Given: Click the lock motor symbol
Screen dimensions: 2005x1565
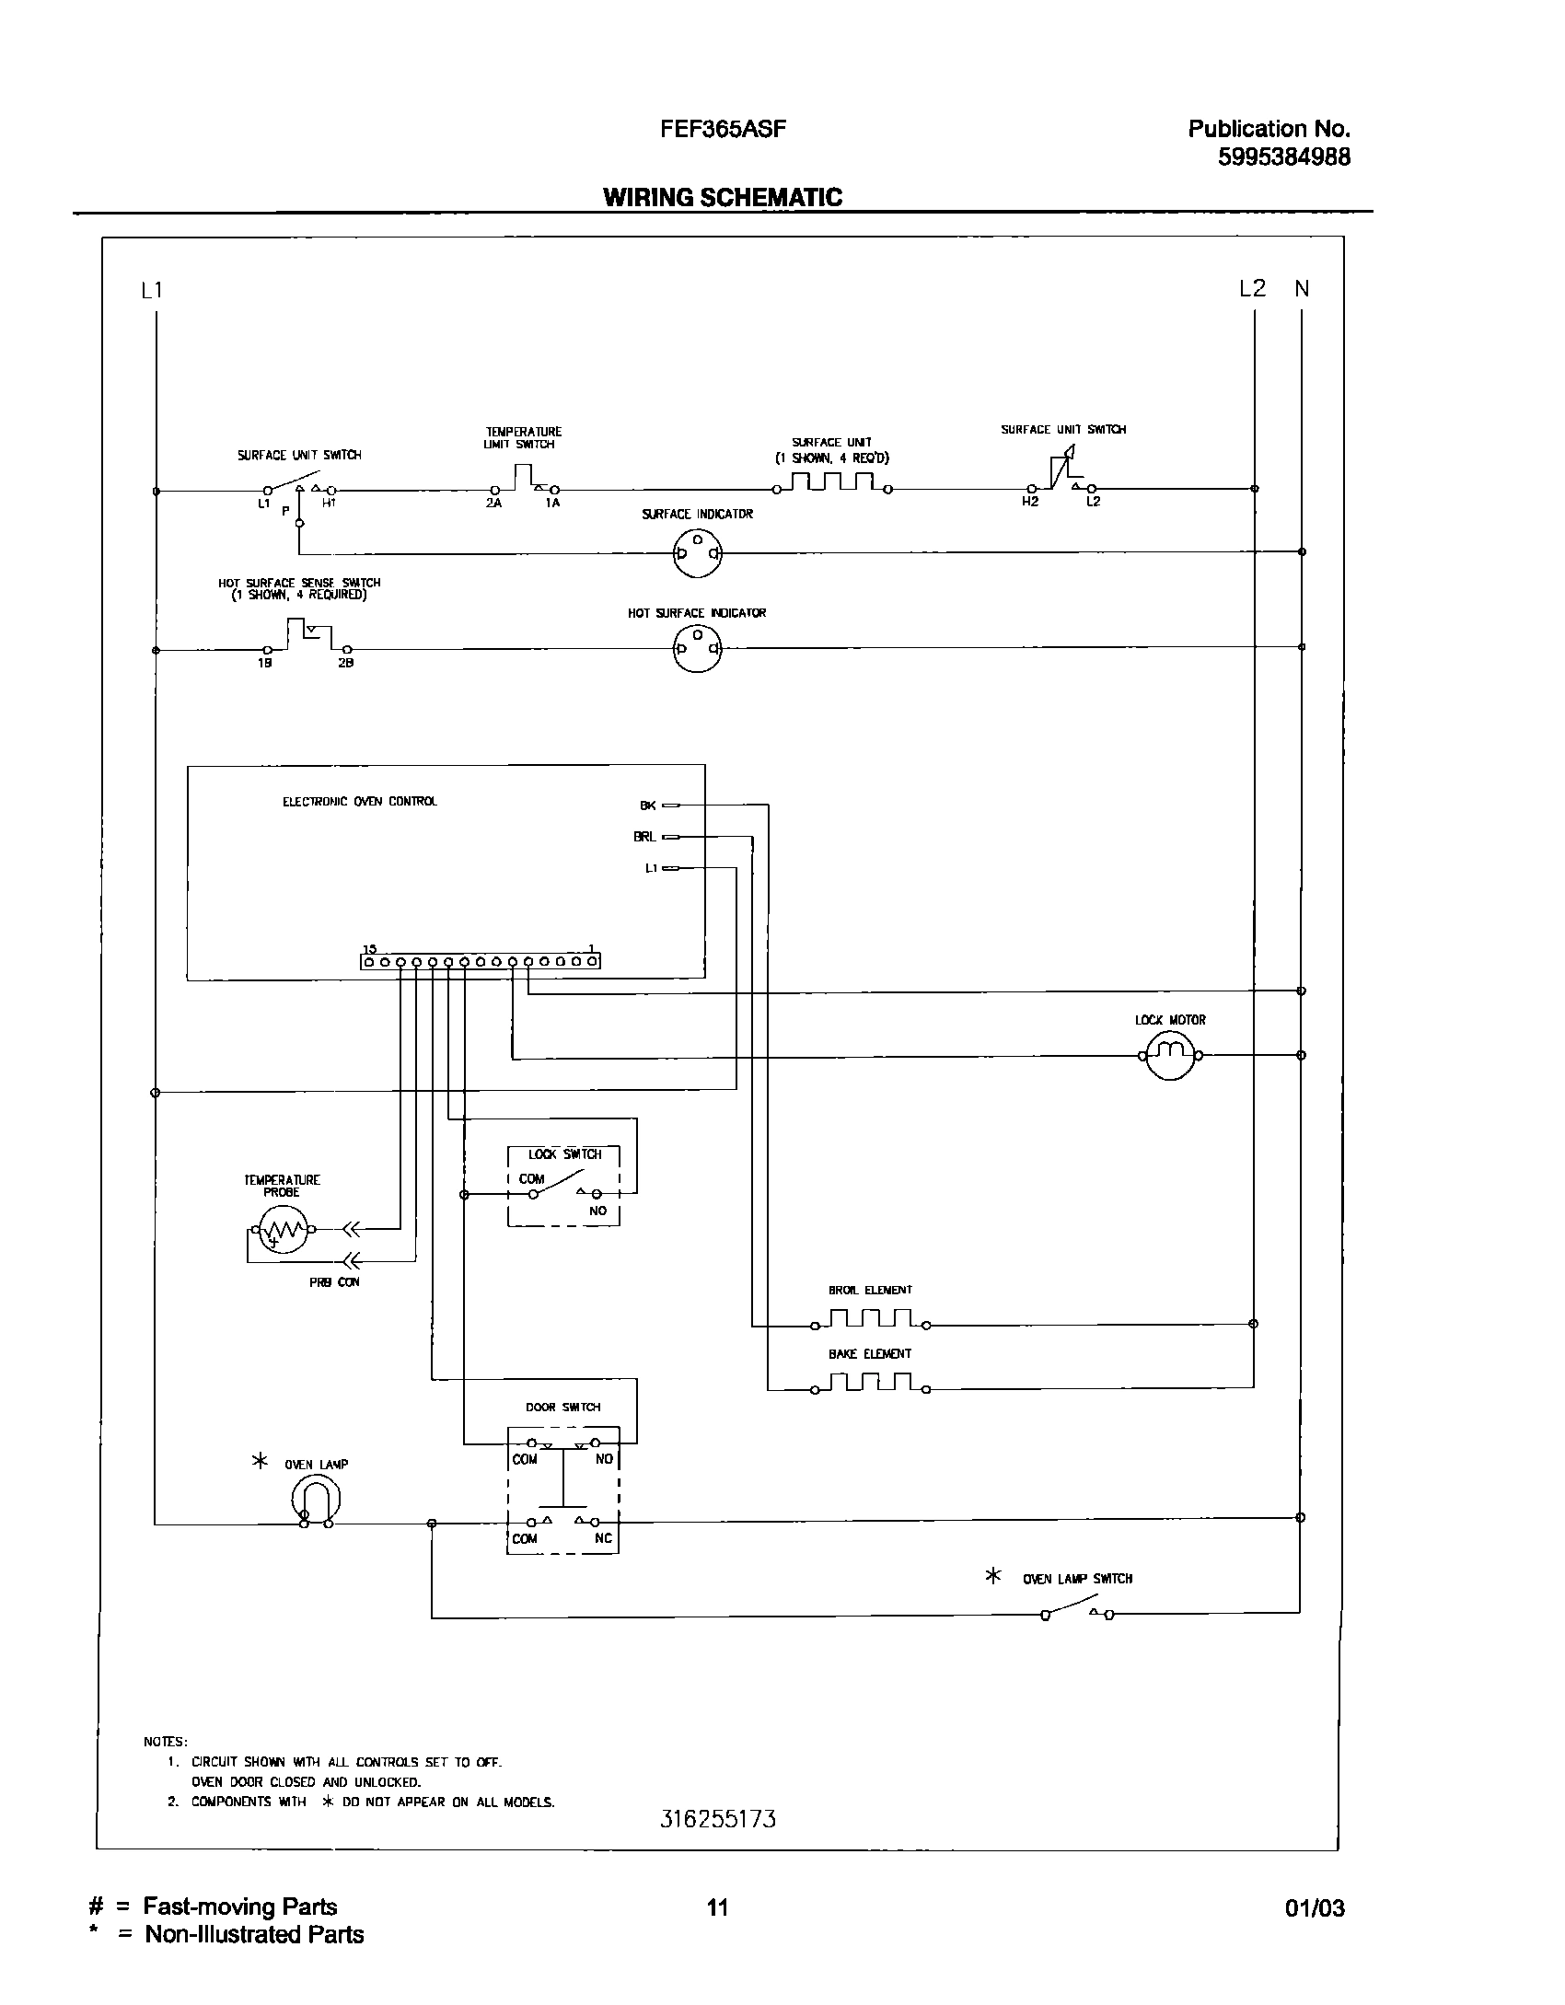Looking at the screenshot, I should pos(1169,1054).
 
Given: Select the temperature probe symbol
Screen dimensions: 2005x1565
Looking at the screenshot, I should pos(283,1228).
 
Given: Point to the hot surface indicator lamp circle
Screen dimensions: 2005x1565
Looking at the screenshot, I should pos(697,648).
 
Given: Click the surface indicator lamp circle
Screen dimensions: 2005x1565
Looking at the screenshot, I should pos(697,552).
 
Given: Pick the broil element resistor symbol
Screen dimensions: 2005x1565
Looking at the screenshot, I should pos(870,1320).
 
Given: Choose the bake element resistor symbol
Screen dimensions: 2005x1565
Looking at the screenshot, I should pos(870,1384).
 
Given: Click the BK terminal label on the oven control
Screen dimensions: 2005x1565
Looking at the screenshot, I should pos(648,805).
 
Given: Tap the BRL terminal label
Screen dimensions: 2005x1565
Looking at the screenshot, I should pos(644,837).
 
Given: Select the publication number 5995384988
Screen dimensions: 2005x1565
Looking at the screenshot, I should pos(1284,157).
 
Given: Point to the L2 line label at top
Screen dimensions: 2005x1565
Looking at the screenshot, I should pos(1252,289).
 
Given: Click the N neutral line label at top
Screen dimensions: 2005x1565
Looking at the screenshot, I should pos(1302,289).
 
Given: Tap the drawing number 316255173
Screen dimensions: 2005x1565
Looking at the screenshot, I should pos(718,1819).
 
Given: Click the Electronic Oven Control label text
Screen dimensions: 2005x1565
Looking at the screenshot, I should pos(360,802).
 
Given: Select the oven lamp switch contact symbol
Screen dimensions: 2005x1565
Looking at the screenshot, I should pos(1077,1612).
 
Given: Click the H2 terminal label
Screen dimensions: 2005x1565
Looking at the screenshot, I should pos(1030,502).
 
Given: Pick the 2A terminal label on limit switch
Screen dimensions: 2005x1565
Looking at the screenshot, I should pos(494,504).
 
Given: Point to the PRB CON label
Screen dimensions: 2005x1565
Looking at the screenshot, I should pos(334,1282).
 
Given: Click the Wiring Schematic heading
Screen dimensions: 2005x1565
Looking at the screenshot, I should pos(723,197).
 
